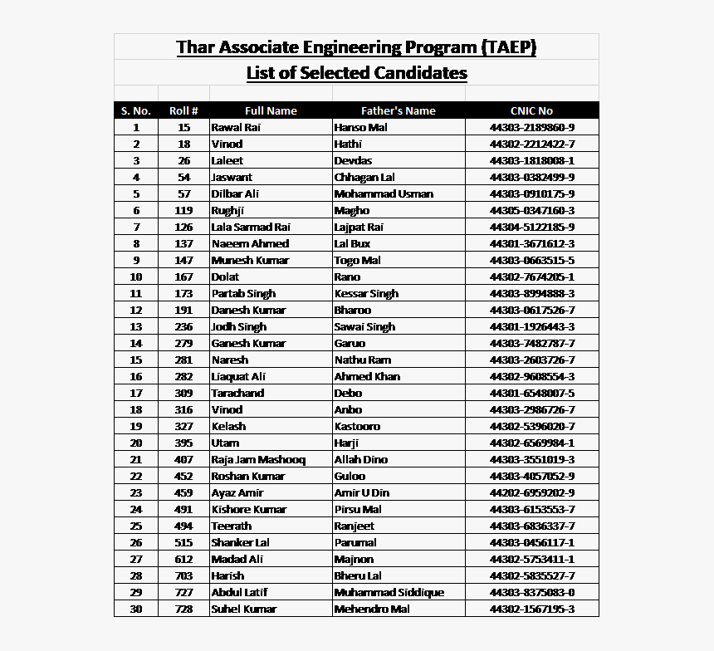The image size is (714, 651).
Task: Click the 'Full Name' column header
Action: pyautogui.click(x=271, y=110)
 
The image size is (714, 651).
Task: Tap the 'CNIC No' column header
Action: pyautogui.click(x=531, y=110)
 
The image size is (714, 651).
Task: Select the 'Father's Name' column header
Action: pyautogui.click(x=399, y=110)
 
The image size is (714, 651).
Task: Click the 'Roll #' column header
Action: pyautogui.click(x=183, y=110)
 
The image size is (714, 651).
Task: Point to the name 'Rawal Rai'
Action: pyautogui.click(x=236, y=127)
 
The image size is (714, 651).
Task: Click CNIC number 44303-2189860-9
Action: pyautogui.click(x=532, y=127)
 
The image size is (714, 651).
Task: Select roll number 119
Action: pyautogui.click(x=183, y=210)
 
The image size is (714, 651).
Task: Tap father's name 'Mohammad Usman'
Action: pyautogui.click(x=384, y=193)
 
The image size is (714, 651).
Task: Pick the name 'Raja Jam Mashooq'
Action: pyautogui.click(x=258, y=459)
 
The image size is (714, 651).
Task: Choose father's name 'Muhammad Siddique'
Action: pyautogui.click(x=389, y=592)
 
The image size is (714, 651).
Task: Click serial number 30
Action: pyautogui.click(x=136, y=609)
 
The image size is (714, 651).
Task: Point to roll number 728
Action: pyautogui.click(x=183, y=609)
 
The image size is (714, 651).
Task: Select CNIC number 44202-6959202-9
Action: pyautogui.click(x=532, y=492)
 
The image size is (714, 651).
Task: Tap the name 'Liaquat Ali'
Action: pyautogui.click(x=238, y=376)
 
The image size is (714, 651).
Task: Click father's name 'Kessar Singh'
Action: pyautogui.click(x=366, y=293)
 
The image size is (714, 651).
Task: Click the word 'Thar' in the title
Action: pyautogui.click(x=196, y=47)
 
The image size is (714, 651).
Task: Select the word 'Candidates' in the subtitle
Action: pyautogui.click(x=420, y=73)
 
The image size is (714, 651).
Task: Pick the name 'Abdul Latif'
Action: pyautogui.click(x=239, y=592)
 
